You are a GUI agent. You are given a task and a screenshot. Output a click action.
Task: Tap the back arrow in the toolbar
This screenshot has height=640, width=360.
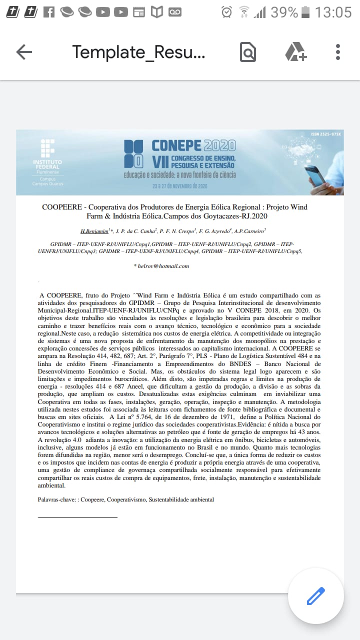coord(24,52)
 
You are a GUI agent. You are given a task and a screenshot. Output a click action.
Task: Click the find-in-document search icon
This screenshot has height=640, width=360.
coord(248,52)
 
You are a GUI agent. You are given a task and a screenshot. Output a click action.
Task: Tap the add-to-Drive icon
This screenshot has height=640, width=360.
coord(295,52)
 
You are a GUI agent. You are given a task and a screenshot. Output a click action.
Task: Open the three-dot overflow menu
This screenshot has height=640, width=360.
coord(338,52)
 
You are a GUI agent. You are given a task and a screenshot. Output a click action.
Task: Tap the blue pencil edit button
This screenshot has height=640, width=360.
coord(315,596)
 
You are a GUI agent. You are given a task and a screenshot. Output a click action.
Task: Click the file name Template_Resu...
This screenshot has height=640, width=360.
coord(138,52)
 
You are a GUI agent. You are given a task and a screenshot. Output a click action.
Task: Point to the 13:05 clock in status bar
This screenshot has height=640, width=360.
coord(333,12)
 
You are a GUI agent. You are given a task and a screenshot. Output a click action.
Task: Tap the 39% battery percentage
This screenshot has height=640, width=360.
coord(284,12)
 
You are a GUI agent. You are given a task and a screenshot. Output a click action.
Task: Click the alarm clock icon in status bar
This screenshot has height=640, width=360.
coord(227,12)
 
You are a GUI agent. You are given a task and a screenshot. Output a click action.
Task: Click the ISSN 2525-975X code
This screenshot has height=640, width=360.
coord(325,134)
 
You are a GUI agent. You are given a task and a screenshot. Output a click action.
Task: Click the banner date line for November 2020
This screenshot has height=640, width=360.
coord(180,186)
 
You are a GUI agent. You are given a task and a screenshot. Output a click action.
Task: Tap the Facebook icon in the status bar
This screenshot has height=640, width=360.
coord(48,12)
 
